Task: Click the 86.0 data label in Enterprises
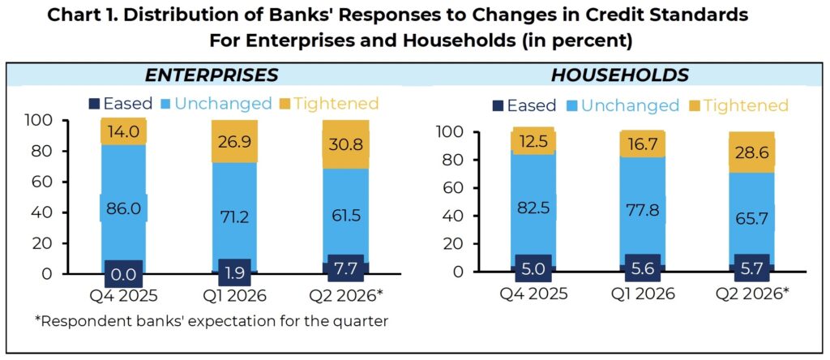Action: [x=123, y=208]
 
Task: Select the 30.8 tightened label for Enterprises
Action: [x=344, y=144]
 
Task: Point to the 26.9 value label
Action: [x=234, y=144]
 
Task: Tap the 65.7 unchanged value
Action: [x=751, y=218]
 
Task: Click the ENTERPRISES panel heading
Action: [x=212, y=75]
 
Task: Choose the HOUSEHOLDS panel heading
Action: [x=620, y=75]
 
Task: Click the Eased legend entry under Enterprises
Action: [x=122, y=103]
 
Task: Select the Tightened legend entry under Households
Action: [x=739, y=105]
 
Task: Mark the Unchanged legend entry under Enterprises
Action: [x=217, y=103]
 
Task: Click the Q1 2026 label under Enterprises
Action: [x=234, y=294]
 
